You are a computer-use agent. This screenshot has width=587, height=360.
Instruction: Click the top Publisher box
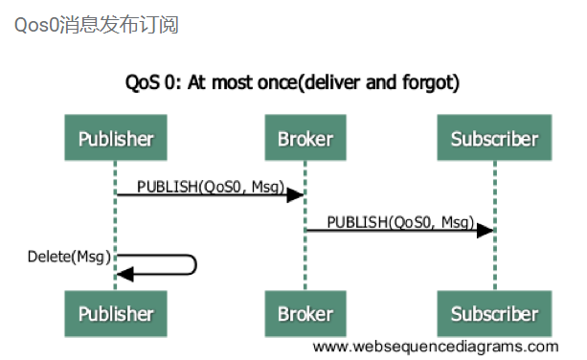(116, 139)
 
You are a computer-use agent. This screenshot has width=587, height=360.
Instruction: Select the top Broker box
(305, 139)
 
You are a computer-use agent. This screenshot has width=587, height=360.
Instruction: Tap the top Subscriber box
(494, 139)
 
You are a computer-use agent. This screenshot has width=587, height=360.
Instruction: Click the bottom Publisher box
(116, 314)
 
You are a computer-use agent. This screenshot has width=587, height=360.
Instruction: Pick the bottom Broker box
(305, 314)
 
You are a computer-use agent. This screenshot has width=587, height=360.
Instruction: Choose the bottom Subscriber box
(494, 314)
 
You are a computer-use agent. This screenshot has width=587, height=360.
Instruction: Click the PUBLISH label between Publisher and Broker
(210, 185)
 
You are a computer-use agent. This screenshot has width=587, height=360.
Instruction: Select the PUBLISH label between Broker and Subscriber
(400, 221)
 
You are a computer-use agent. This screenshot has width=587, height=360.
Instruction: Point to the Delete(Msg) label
(68, 257)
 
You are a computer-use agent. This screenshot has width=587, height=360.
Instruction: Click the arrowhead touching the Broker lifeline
(295, 194)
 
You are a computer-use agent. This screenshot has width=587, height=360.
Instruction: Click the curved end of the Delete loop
(194, 264)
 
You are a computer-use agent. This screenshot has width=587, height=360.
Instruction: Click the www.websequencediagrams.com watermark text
(435, 347)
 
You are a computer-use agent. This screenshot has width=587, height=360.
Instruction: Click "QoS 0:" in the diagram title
(154, 82)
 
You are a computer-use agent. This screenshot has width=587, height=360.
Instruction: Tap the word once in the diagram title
(277, 82)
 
